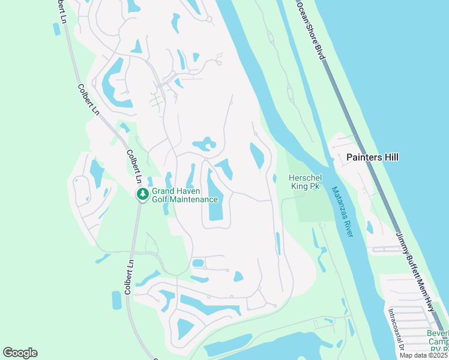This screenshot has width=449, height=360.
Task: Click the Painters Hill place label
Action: click(372, 157)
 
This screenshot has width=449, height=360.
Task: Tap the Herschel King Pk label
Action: click(305, 182)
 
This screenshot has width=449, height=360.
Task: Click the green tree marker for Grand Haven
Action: click(143, 194)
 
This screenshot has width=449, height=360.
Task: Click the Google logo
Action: click(20, 353)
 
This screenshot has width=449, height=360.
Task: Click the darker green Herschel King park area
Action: click(313, 207)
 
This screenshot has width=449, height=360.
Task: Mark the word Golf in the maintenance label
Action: click(160, 199)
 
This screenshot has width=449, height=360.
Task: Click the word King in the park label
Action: click(301, 187)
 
